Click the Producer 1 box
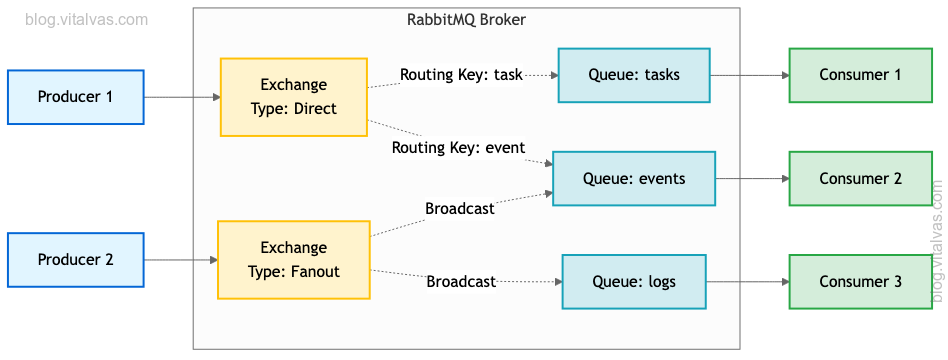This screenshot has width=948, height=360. (75, 97)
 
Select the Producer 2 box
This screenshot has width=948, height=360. (75, 260)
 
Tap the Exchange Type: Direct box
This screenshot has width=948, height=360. (293, 97)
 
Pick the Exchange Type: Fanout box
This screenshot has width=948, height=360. (293, 260)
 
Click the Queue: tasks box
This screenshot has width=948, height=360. (633, 75)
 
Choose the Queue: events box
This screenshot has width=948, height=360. (633, 179)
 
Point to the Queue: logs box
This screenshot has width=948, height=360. (633, 282)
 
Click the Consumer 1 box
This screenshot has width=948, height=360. (860, 75)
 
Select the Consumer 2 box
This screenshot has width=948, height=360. (860, 179)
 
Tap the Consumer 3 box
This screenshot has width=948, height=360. (860, 282)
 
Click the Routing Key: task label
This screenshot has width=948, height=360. (461, 75)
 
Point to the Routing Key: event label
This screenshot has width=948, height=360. (458, 148)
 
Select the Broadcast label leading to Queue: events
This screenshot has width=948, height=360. (460, 209)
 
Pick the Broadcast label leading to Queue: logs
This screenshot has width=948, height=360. (461, 282)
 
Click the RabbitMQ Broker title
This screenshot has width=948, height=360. (466, 20)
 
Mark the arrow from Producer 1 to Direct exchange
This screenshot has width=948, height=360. (182, 97)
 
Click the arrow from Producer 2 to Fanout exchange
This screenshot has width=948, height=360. (181, 260)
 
